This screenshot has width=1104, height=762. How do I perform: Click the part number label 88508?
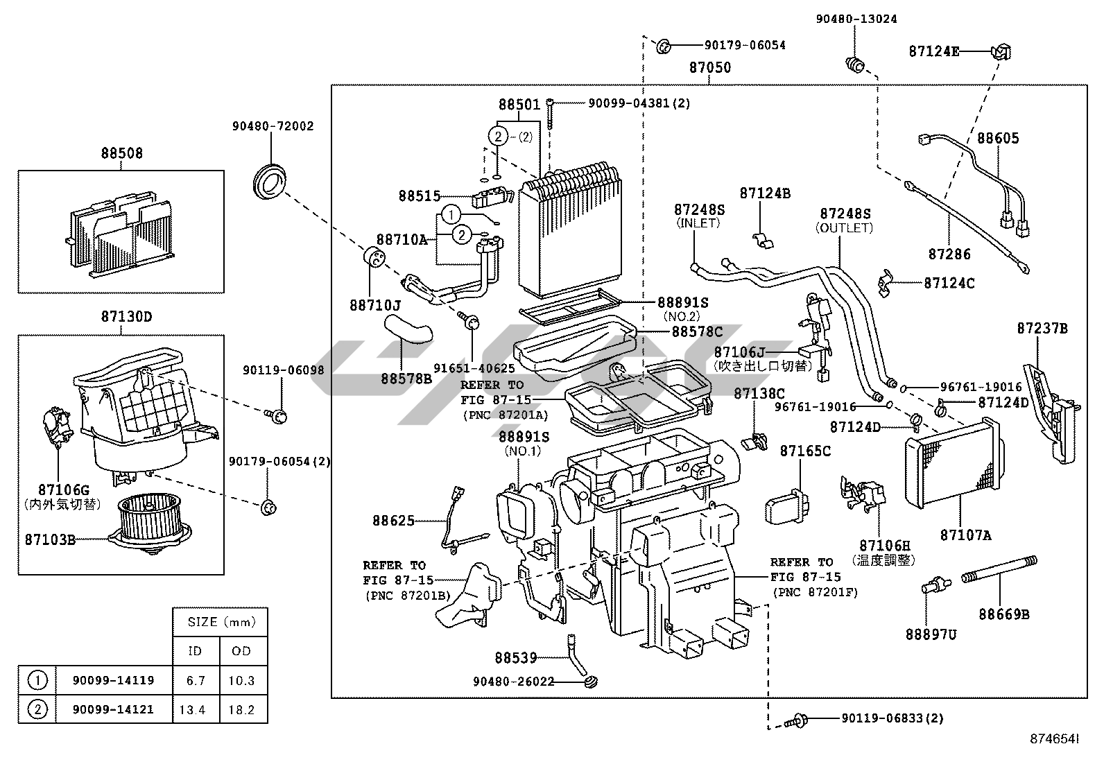(121, 153)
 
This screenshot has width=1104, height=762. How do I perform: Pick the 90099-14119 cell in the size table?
(113, 680)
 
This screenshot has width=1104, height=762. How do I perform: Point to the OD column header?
(241, 651)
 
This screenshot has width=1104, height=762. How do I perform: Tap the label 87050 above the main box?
(709, 68)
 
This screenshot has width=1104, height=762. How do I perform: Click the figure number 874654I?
(1053, 740)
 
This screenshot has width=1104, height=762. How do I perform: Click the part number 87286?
(949, 254)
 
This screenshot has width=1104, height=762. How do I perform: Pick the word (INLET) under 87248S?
(698, 223)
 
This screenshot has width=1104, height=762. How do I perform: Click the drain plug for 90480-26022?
(592, 682)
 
